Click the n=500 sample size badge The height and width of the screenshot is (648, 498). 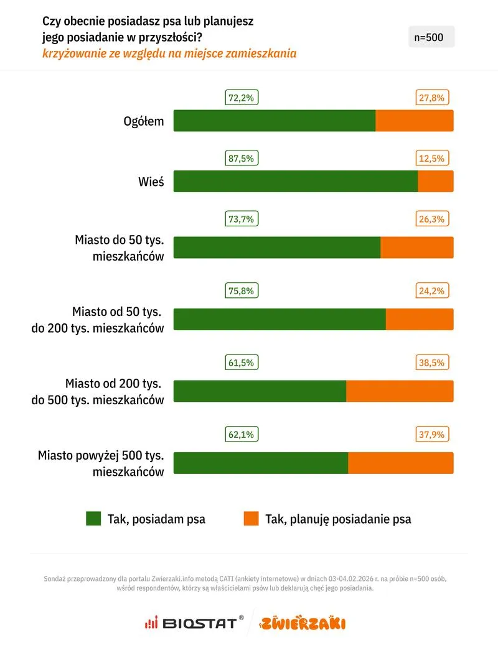[431, 37]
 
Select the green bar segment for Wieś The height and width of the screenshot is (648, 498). [295, 181]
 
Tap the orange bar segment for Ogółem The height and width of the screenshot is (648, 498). [415, 121]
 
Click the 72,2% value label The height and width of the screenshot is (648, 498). [242, 98]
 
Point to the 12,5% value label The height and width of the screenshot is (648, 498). [431, 159]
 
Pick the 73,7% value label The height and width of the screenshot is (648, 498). [242, 219]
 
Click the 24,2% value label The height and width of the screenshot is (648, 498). [431, 290]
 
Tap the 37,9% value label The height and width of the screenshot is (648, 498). [431, 435]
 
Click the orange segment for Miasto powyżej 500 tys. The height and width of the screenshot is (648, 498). [400, 463]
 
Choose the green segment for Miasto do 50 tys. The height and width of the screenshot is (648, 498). [276, 247]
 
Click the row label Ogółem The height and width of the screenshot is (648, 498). [144, 121]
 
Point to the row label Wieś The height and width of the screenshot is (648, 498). [151, 182]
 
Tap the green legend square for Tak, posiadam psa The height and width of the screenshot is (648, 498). [93, 519]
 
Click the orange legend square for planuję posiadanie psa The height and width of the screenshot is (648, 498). [251, 519]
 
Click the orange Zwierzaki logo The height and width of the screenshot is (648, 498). [303, 623]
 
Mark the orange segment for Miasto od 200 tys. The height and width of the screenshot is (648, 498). [400, 391]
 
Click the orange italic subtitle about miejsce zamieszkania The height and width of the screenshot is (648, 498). [169, 53]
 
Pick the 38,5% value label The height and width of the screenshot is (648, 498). [431, 363]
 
